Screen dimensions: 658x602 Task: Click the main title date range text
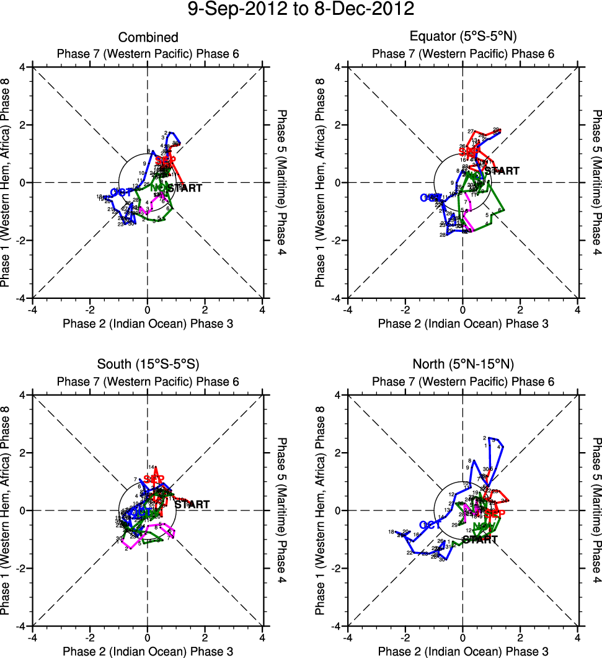[x=301, y=10]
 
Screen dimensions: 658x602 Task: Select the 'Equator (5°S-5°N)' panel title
[x=463, y=37]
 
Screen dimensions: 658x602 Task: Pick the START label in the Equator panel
[x=502, y=171]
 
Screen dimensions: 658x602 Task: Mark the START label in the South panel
[x=192, y=505]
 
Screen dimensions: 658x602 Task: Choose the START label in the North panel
[x=480, y=540]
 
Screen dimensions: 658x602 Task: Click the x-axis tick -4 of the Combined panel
[x=32, y=309]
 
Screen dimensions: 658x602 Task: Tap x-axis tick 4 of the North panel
[x=578, y=637]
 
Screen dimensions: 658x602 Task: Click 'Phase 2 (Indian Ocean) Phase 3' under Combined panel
[x=148, y=323]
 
